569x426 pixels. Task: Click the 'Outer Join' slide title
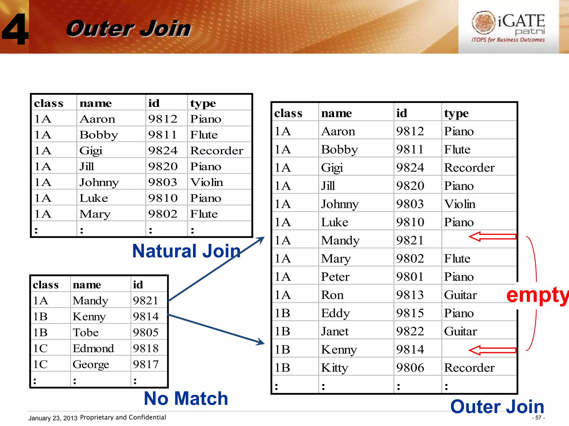click(128, 29)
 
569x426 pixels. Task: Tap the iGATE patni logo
click(508, 27)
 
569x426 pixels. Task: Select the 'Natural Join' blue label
click(186, 251)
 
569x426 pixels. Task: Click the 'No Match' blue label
click(186, 399)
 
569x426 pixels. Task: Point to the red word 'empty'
click(537, 295)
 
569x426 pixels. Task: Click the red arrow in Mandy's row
click(492, 237)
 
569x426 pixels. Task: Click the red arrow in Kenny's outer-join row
click(492, 350)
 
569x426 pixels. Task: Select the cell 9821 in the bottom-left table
click(146, 301)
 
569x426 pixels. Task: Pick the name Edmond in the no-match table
click(93, 348)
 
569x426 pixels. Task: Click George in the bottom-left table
click(91, 364)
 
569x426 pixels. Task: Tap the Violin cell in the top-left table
click(206, 182)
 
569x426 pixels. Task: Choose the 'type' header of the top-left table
click(203, 103)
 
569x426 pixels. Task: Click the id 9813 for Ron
click(410, 295)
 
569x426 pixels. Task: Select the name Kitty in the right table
click(335, 368)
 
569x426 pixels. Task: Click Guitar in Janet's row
click(460, 331)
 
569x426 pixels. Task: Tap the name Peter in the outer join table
click(335, 277)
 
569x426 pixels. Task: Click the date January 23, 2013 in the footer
click(53, 418)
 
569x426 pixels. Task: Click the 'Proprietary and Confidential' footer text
click(123, 417)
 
